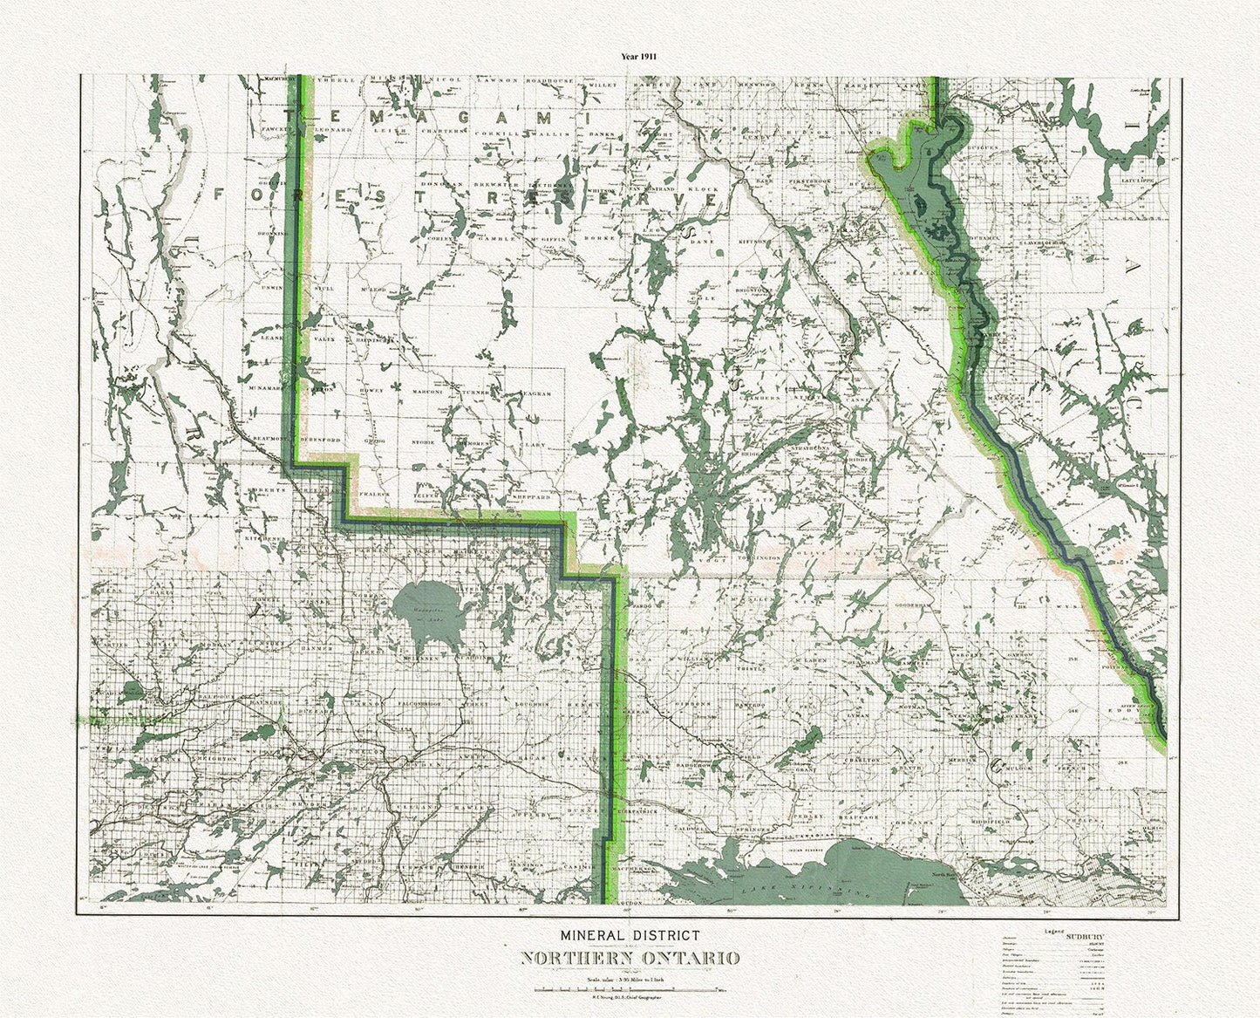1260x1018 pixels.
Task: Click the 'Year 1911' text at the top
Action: click(638, 55)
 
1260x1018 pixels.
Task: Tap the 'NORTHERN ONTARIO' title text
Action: click(630, 957)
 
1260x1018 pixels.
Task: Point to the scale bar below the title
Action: click(630, 989)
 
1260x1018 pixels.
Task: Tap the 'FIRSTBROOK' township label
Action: click(806, 180)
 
